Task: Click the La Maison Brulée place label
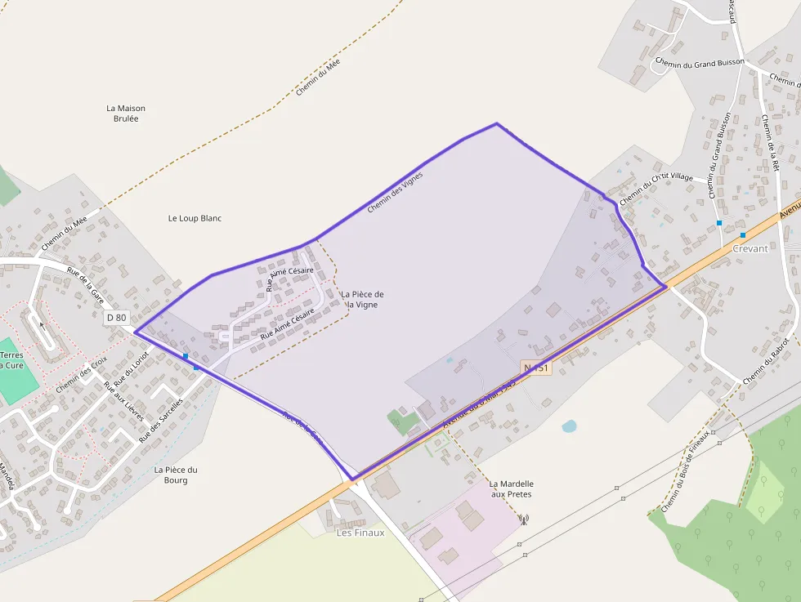click(126, 113)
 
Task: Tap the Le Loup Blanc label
click(195, 218)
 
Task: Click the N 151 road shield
click(536, 368)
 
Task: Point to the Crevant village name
click(750, 248)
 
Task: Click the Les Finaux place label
click(360, 533)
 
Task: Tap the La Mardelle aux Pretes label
click(511, 488)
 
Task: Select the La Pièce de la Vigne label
click(362, 299)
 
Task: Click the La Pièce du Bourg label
click(176, 475)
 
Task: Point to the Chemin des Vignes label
click(395, 192)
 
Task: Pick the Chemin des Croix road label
click(82, 375)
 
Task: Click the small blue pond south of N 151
click(569, 426)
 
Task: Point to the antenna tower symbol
click(524, 519)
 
